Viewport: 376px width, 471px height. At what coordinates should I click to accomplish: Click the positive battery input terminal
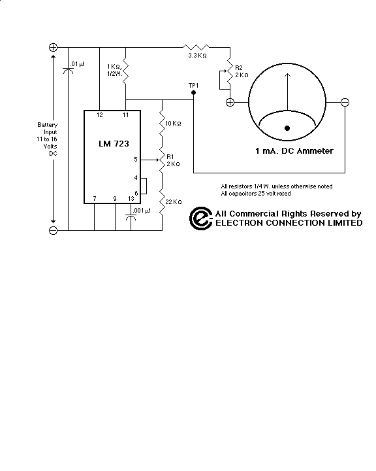[53, 47]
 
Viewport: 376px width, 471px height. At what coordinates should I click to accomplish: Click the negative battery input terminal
[53, 230]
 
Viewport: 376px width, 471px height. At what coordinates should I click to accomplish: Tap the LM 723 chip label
[114, 144]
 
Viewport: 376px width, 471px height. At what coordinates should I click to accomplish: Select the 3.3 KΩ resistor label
[197, 55]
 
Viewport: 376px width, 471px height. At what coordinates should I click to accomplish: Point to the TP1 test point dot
[193, 93]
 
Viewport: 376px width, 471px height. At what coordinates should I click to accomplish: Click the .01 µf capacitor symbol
[68, 71]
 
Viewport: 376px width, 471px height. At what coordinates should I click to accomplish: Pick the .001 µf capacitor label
[141, 211]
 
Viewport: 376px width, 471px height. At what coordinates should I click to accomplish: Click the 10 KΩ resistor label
[173, 124]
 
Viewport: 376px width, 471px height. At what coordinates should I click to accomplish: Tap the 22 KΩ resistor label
[173, 202]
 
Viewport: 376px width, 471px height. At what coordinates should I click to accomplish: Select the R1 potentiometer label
[170, 156]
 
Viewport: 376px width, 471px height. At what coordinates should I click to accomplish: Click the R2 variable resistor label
[239, 67]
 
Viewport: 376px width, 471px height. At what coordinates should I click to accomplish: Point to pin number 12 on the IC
[99, 114]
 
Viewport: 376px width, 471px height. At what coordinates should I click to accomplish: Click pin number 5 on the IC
[136, 160]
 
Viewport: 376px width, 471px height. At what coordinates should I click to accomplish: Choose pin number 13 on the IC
[131, 199]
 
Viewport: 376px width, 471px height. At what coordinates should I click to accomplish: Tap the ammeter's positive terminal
[230, 103]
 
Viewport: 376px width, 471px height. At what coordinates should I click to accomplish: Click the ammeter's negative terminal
[345, 103]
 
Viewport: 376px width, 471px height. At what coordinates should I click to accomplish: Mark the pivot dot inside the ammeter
[287, 128]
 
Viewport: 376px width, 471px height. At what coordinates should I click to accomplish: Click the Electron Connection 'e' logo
[201, 218]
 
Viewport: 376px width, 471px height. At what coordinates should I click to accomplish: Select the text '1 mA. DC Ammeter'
[294, 151]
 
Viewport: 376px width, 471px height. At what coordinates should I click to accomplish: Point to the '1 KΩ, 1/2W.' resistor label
[114, 70]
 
